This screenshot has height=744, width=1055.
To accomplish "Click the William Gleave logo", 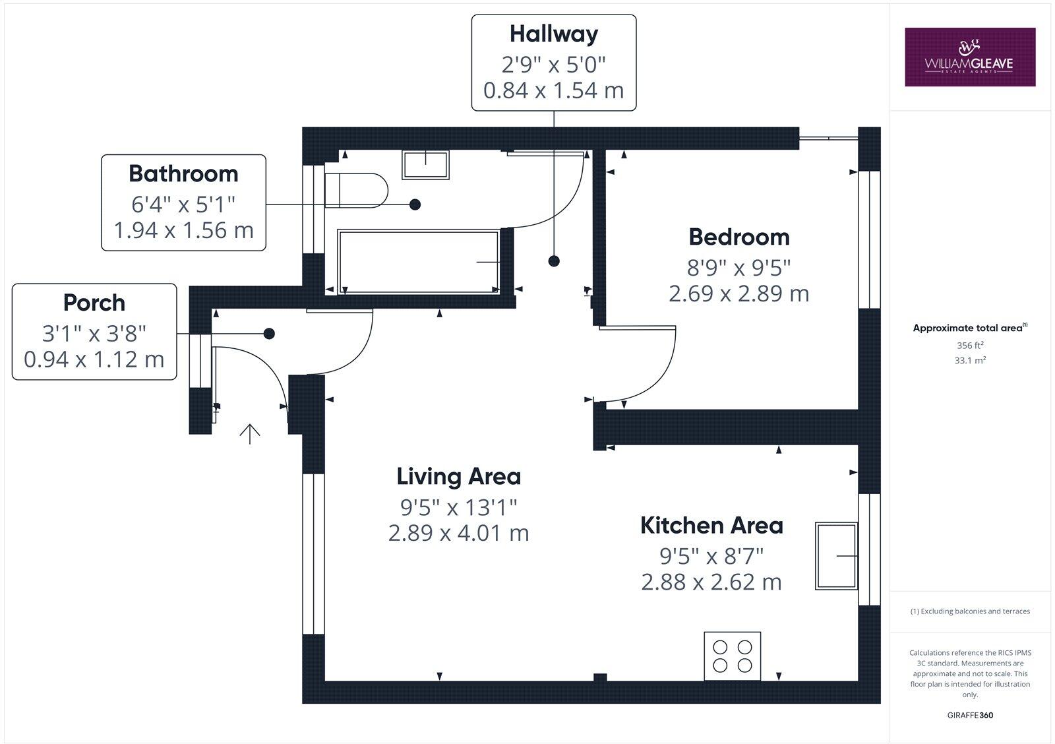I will [969, 57].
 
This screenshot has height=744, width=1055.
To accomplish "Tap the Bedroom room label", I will [738, 237].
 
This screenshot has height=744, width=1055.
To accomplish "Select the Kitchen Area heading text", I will [711, 526].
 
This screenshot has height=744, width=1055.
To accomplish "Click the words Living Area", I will [458, 476].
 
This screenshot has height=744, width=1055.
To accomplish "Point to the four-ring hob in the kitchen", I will [732, 656].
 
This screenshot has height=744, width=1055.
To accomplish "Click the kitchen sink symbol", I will [837, 556].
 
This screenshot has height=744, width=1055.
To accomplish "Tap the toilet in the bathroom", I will [356, 191].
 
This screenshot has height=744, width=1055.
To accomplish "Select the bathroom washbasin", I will [425, 164].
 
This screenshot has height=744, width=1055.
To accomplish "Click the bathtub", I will [418, 261].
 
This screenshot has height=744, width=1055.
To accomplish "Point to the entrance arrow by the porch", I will [249, 433].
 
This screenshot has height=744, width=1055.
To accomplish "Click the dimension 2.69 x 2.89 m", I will [738, 294].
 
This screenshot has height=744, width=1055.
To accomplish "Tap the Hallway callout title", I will [553, 34].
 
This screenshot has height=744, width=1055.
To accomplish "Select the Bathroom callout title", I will [183, 173].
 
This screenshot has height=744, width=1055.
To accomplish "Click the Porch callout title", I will [94, 303].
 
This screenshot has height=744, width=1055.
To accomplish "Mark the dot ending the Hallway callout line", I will [554, 261].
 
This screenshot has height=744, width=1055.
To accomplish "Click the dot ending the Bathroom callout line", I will [415, 204].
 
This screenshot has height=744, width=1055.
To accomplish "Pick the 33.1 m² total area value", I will [969, 360].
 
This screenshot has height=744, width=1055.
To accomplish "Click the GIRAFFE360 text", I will [969, 715].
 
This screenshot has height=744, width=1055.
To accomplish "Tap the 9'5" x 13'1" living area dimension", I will [458, 507].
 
